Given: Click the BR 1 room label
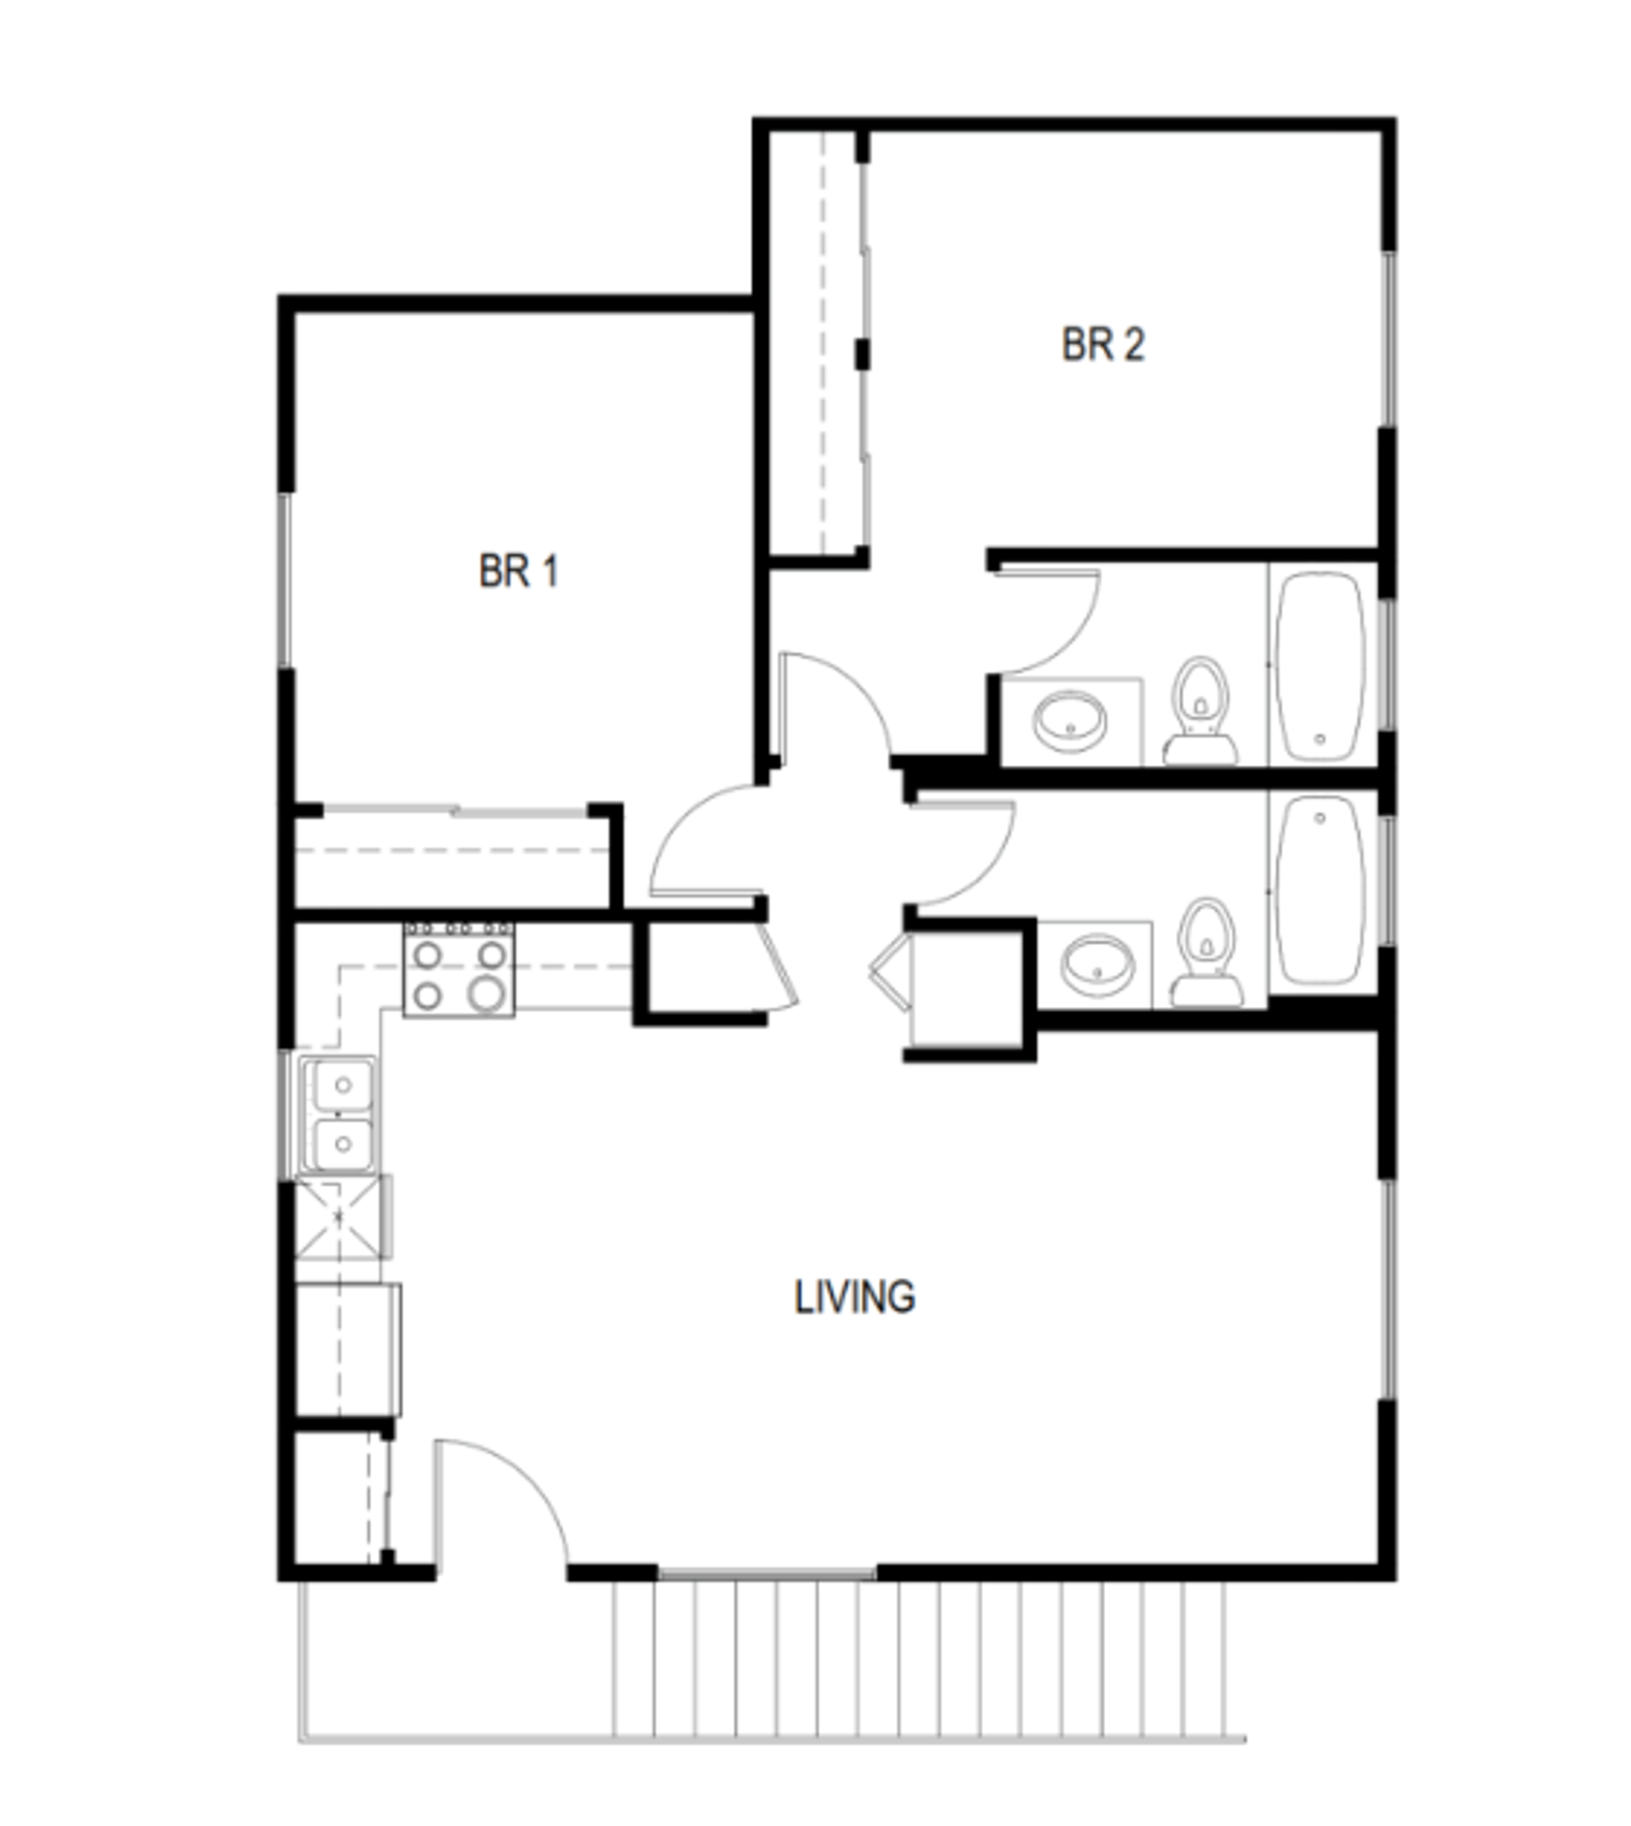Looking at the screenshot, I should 517,571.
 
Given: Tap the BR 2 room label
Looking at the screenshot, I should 1102,344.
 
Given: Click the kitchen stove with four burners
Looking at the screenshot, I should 458,969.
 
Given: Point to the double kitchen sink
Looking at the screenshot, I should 340,1114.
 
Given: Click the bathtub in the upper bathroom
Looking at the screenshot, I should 1321,664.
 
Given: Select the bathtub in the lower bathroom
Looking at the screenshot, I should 1321,890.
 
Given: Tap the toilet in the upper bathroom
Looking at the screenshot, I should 1200,709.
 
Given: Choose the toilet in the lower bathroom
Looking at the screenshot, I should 1206,952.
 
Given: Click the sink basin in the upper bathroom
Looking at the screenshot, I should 1071,720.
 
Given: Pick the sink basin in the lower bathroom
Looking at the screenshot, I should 1097,963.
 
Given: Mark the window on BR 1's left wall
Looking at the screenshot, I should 284,580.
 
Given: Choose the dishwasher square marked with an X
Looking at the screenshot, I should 339,1216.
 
